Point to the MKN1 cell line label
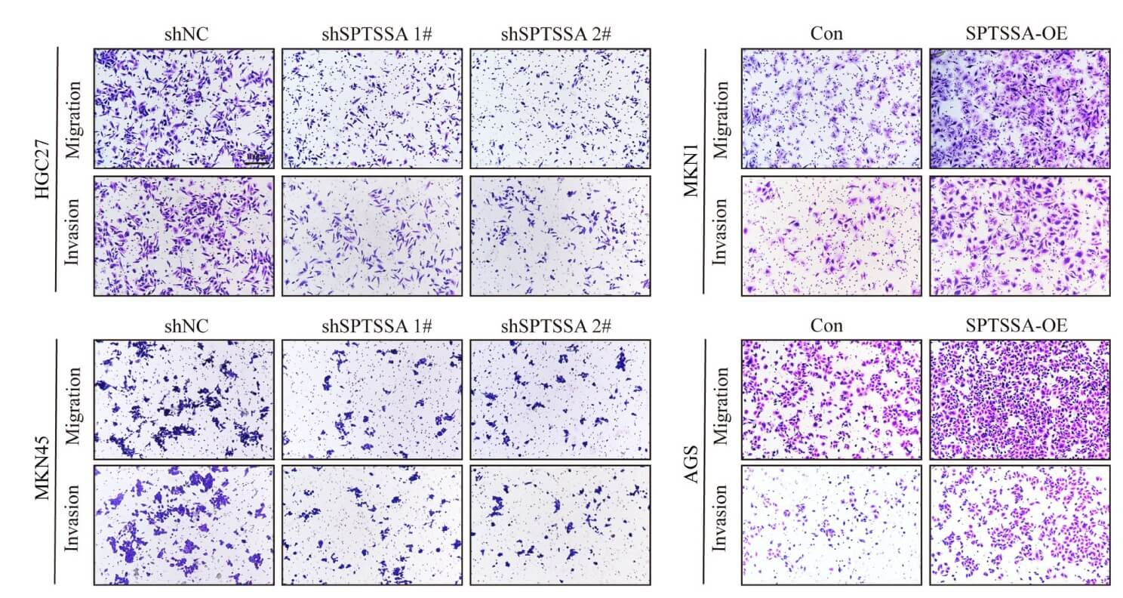pyautogui.click(x=691, y=171)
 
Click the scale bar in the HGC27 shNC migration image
pyautogui.click(x=257, y=159)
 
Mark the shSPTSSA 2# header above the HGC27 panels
pyautogui.click(x=559, y=34)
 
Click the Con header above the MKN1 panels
pyautogui.click(x=830, y=34)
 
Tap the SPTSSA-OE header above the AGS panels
pyautogui.click(x=1019, y=325)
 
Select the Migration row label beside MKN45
pyautogui.click(x=74, y=399)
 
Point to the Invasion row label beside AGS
pyautogui.click(x=721, y=525)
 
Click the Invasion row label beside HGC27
pyautogui.click(x=74, y=235)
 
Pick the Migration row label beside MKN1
pyautogui.click(x=721, y=109)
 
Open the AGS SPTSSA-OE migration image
pyautogui.click(x=1020, y=399)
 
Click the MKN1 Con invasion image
pyautogui.click(x=831, y=235)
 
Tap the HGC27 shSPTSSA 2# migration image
pyautogui.click(x=559, y=109)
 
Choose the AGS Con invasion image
pyautogui.click(x=831, y=525)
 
